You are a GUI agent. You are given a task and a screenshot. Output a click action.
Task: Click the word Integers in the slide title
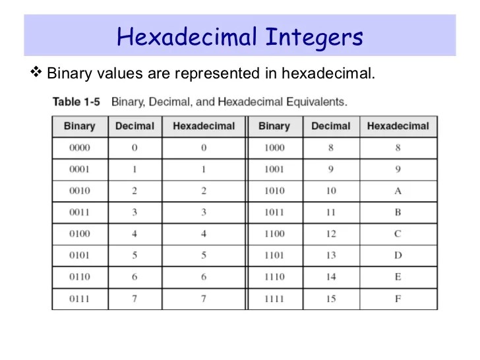pyautogui.click(x=314, y=37)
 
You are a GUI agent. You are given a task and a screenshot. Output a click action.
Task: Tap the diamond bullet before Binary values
pyautogui.click(x=36, y=72)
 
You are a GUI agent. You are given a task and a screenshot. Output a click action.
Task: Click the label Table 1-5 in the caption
pyautogui.click(x=76, y=102)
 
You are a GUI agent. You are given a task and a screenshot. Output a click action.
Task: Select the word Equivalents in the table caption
pyautogui.click(x=313, y=102)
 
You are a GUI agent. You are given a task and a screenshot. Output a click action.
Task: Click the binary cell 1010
pyautogui.click(x=274, y=191)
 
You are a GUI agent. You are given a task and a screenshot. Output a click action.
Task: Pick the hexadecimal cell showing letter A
pyautogui.click(x=398, y=191)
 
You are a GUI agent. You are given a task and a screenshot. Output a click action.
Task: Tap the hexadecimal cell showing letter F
pyautogui.click(x=398, y=299)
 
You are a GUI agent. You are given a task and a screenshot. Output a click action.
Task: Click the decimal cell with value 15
pyautogui.click(x=331, y=299)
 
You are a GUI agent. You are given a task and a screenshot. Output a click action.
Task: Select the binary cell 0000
pyautogui.click(x=80, y=148)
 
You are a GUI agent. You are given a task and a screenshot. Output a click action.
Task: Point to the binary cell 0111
pyautogui.click(x=80, y=299)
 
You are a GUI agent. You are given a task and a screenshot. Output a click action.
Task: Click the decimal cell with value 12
pyautogui.click(x=331, y=234)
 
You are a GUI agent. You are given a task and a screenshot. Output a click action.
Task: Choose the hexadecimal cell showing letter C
pyautogui.click(x=398, y=234)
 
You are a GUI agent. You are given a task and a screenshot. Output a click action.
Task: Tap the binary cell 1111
pyautogui.click(x=274, y=299)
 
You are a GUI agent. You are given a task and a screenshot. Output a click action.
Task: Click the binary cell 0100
pyautogui.click(x=80, y=234)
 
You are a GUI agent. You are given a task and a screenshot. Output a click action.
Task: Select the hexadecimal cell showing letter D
pyautogui.click(x=398, y=256)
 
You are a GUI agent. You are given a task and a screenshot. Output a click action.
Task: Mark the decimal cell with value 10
pyautogui.click(x=331, y=191)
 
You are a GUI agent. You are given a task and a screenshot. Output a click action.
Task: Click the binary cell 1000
pyautogui.click(x=274, y=148)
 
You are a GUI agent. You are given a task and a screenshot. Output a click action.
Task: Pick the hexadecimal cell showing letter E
pyautogui.click(x=398, y=277)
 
